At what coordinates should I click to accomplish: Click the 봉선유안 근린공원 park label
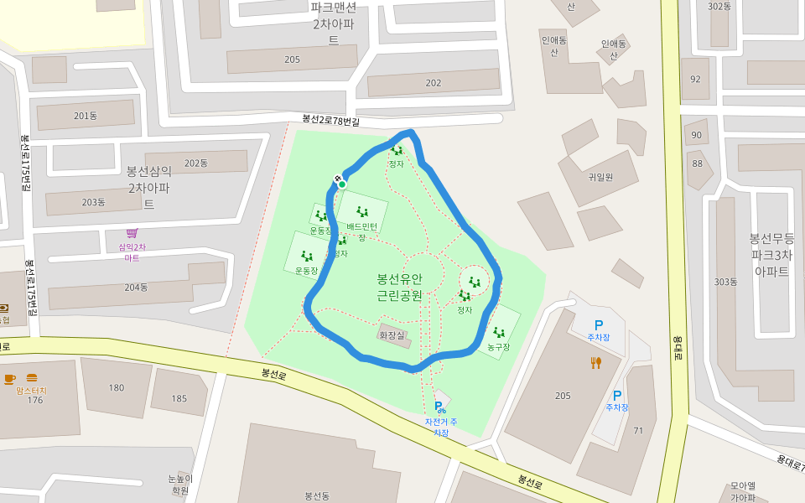399,287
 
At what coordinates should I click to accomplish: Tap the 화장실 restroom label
392,335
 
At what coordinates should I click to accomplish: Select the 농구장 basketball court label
498,346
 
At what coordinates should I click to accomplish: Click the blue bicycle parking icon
439,407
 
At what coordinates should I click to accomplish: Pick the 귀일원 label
600,177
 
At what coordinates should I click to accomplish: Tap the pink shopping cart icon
132,233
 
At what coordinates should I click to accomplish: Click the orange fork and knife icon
596,363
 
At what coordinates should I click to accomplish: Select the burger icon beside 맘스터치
32,378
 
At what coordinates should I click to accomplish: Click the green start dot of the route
342,184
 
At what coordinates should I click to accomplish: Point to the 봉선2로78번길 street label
331,122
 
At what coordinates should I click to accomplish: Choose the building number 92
695,80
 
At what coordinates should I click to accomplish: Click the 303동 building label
725,282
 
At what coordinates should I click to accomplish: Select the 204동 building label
136,288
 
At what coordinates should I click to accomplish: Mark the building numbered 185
179,398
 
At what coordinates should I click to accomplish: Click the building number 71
638,431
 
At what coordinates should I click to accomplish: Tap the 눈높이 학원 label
180,485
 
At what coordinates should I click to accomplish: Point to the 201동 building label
86,116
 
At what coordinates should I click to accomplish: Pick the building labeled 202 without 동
434,83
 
